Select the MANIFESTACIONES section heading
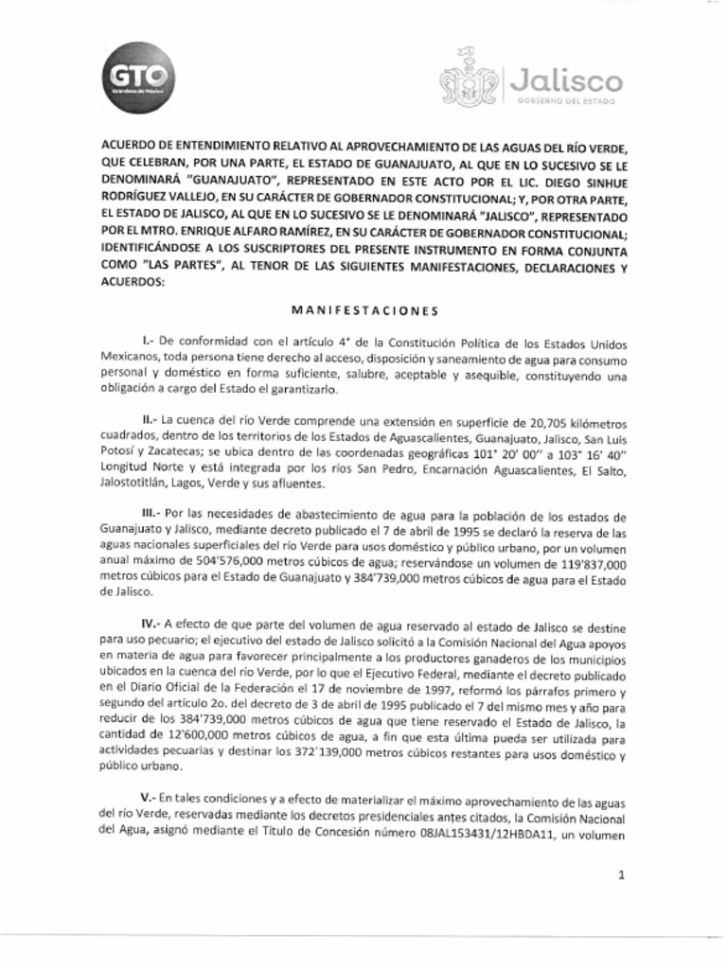[363, 310]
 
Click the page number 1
[621, 875]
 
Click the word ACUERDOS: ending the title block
[132, 283]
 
